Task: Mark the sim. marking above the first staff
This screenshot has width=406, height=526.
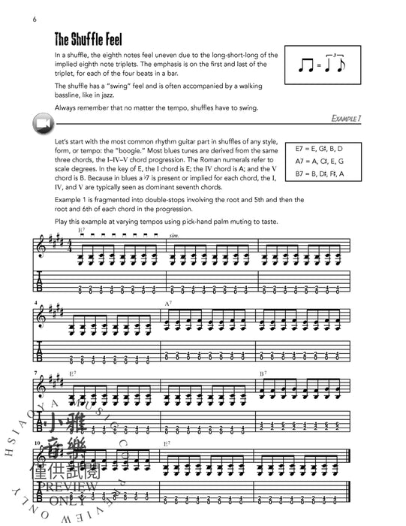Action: point(175,234)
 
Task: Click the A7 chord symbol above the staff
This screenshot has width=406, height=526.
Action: point(170,302)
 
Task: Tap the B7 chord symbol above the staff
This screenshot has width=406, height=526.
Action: point(264,373)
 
